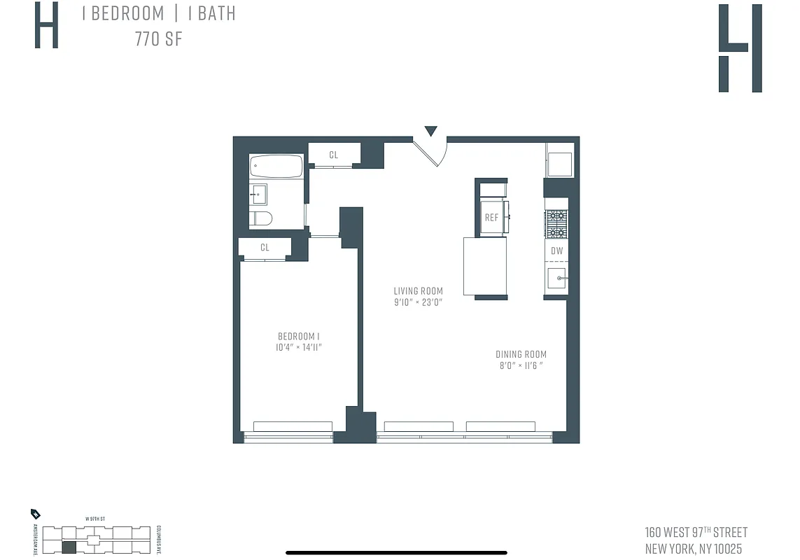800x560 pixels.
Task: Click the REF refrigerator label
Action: (x=491, y=218)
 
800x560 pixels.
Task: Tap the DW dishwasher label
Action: (x=556, y=251)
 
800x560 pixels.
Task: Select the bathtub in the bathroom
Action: (x=276, y=167)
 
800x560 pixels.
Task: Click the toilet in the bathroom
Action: (x=261, y=218)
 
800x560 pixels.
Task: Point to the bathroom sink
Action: (x=258, y=193)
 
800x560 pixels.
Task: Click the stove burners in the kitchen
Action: (x=556, y=224)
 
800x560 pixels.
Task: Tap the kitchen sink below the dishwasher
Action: (x=557, y=279)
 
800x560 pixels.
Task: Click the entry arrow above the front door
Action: (x=430, y=131)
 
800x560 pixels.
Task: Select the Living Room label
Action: (x=418, y=291)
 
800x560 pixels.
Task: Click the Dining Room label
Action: (x=521, y=355)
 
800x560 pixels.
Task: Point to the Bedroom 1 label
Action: (x=299, y=336)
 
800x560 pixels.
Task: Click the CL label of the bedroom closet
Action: (x=265, y=247)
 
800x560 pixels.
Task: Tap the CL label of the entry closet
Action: (x=333, y=155)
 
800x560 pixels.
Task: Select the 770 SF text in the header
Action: (x=159, y=39)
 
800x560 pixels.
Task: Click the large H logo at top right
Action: (x=740, y=48)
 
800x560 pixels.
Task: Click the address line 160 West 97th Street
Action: (x=696, y=533)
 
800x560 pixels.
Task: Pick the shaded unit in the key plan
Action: (x=69, y=548)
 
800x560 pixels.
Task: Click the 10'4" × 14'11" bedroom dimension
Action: (x=299, y=347)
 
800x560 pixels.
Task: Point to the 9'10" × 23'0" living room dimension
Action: (x=418, y=302)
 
